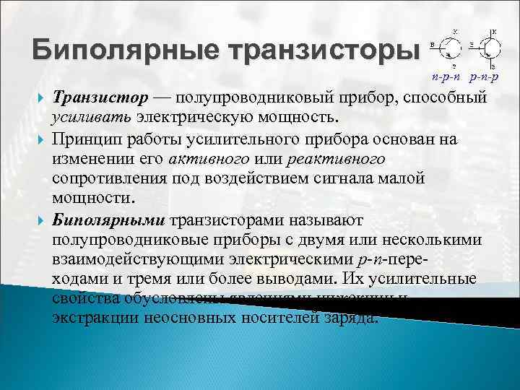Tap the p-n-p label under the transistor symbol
click(x=484, y=76)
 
